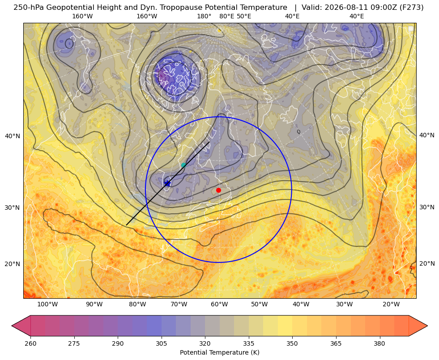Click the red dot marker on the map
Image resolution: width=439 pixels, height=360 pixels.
coord(218,190)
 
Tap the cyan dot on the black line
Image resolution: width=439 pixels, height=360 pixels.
coord(183,165)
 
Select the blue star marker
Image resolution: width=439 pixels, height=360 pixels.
coord(167,183)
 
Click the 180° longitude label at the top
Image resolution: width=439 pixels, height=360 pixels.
coord(204,16)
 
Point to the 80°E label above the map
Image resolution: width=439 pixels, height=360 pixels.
coord(226,16)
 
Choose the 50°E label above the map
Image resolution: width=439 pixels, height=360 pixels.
coord(244,16)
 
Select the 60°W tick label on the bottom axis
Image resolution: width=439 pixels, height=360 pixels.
coord(219,304)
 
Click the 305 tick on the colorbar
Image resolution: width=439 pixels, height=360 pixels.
coord(162,343)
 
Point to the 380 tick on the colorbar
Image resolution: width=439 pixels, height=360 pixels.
coord(379,343)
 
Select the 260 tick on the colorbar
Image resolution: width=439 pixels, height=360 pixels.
coord(30,343)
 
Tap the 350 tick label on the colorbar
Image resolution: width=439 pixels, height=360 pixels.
coord(292,343)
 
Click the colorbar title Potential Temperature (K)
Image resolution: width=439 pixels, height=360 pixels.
coord(219,352)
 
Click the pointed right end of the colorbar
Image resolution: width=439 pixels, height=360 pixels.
coord(427,326)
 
